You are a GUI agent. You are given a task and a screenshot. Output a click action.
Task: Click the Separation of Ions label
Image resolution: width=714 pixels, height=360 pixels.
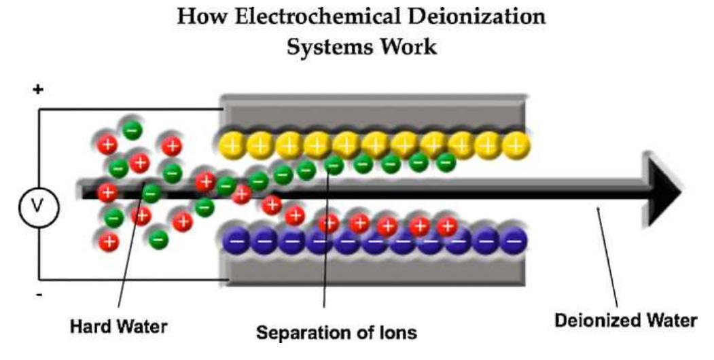click(336, 333)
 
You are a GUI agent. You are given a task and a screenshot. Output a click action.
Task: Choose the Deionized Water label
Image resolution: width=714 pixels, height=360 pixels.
click(624, 320)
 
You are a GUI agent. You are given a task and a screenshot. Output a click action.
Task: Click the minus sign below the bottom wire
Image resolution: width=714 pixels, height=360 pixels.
click(39, 294)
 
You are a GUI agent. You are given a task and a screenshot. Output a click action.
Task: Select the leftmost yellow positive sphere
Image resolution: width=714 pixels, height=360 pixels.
click(232, 144)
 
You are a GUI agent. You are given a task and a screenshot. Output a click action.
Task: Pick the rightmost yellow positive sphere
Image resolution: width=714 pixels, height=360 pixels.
click(516, 144)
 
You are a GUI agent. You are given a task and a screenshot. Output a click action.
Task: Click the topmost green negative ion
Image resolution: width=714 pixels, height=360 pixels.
click(132, 128)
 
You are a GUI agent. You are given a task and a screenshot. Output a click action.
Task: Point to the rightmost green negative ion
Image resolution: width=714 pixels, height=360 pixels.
click(446, 162)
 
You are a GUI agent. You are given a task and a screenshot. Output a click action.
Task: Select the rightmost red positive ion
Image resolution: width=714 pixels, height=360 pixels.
click(446, 226)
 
